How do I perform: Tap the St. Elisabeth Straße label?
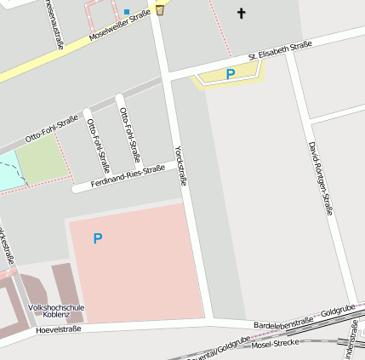[x=280, y=50]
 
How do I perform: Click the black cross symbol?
[x=241, y=13]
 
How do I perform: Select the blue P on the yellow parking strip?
[x=230, y=75]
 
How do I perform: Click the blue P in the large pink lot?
[x=98, y=239]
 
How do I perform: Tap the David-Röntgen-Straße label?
[x=320, y=178]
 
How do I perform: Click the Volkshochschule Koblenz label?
[x=56, y=310]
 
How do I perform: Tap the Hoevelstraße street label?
[x=58, y=329]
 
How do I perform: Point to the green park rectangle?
[x=42, y=160]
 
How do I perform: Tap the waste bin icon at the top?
[x=160, y=10]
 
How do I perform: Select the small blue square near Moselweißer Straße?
[x=128, y=12]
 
